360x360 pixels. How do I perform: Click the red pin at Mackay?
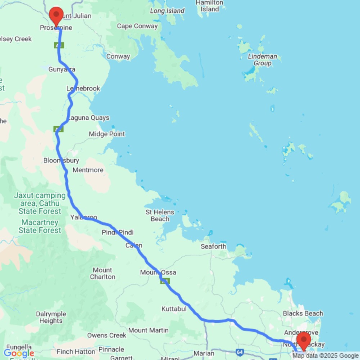(304, 339)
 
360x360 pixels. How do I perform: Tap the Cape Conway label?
(137, 26)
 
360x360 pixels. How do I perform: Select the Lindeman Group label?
(262, 60)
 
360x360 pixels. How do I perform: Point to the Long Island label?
(167, 11)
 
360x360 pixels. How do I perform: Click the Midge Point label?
(107, 134)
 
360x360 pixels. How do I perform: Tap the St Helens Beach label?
(160, 216)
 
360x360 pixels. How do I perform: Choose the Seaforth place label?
(214, 247)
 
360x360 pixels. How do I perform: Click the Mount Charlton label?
(103, 274)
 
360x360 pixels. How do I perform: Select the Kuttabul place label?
(174, 309)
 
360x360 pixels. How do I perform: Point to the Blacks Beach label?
(303, 314)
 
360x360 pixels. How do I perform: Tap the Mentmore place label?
(88, 170)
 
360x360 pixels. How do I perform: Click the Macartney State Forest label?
(40, 226)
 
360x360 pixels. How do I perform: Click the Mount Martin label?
(148, 330)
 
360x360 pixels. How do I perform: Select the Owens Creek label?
(107, 336)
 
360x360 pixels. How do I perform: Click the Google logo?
(19, 353)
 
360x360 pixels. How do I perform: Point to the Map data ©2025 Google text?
(325, 356)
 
